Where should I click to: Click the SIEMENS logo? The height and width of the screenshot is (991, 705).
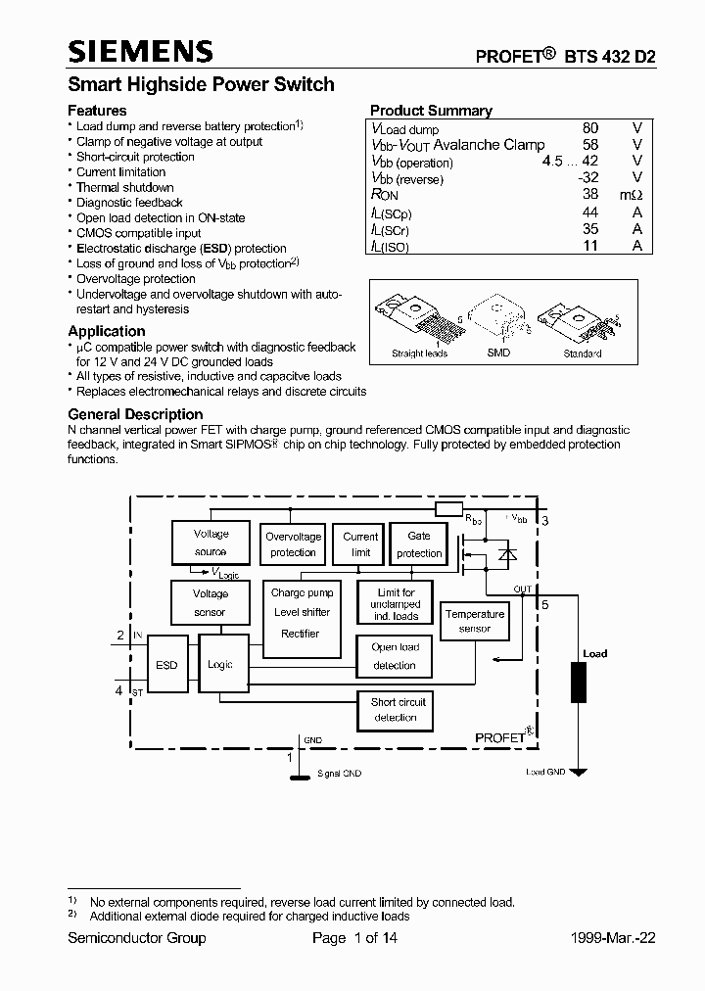(x=139, y=51)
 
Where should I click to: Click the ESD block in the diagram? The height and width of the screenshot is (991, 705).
(x=166, y=666)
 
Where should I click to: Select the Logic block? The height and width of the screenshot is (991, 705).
(x=219, y=666)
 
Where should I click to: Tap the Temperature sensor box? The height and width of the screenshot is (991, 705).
(x=475, y=621)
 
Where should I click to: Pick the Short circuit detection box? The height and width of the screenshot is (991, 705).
(x=395, y=710)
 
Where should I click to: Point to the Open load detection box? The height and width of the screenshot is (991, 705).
(x=395, y=656)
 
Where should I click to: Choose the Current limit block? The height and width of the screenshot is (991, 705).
(x=360, y=544)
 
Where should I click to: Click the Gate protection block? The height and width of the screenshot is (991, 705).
(x=419, y=544)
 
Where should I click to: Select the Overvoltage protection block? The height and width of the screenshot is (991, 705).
(x=293, y=544)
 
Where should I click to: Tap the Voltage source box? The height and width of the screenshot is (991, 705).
(x=211, y=543)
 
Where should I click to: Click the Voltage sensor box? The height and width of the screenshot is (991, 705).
(x=211, y=603)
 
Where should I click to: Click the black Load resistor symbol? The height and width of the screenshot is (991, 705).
(x=579, y=683)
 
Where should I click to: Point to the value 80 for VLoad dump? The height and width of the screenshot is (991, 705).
(x=589, y=128)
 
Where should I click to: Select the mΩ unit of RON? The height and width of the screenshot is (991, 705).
(x=630, y=195)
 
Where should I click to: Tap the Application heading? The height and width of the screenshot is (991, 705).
(x=106, y=331)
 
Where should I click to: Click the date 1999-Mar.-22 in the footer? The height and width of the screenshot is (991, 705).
(x=613, y=938)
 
